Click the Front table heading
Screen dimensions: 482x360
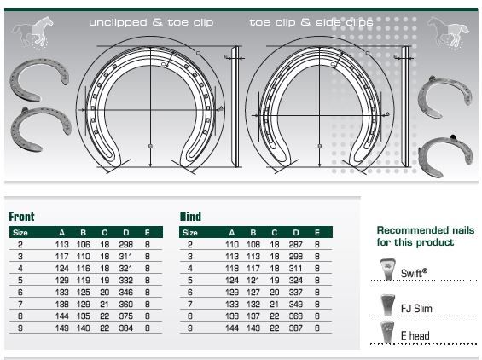pos(21,217)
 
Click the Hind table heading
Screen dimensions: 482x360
pos(190,217)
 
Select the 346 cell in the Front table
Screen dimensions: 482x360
pos(126,292)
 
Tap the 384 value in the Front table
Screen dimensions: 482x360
pos(126,328)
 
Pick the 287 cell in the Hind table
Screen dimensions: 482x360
pos(296,244)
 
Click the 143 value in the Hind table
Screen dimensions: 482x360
pos(253,328)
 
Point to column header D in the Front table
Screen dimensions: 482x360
pos(126,233)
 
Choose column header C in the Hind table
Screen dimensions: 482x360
pos(275,233)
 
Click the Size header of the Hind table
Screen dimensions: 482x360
pos(190,233)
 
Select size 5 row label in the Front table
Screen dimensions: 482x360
pos(20,281)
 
